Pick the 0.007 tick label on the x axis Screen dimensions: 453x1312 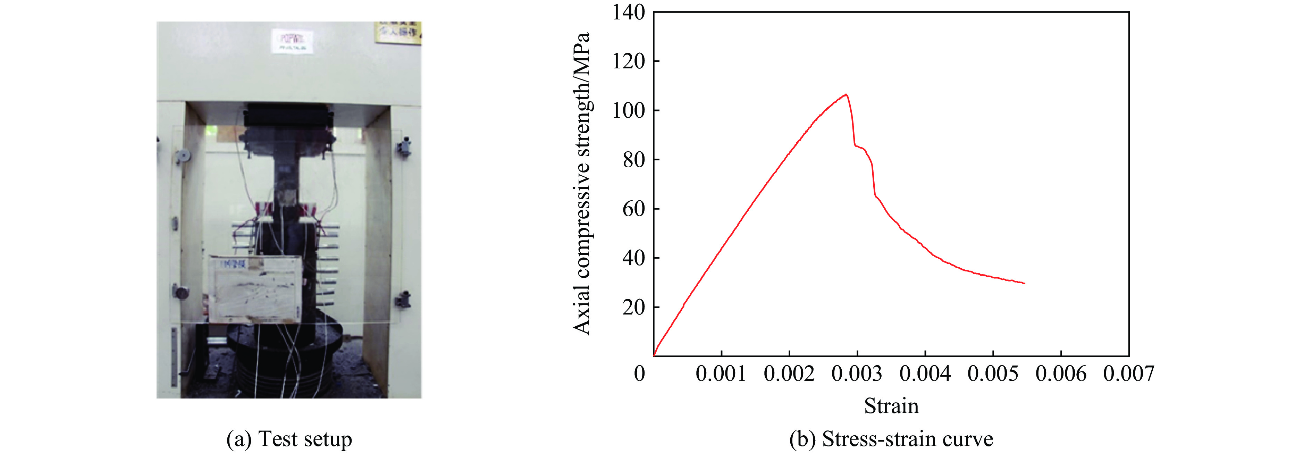tap(1129, 374)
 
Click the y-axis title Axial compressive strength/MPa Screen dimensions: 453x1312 tap(582, 183)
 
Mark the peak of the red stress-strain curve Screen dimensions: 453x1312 tap(846, 94)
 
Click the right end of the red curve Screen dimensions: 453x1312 tap(1024, 283)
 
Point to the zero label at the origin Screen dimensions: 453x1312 tap(639, 374)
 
